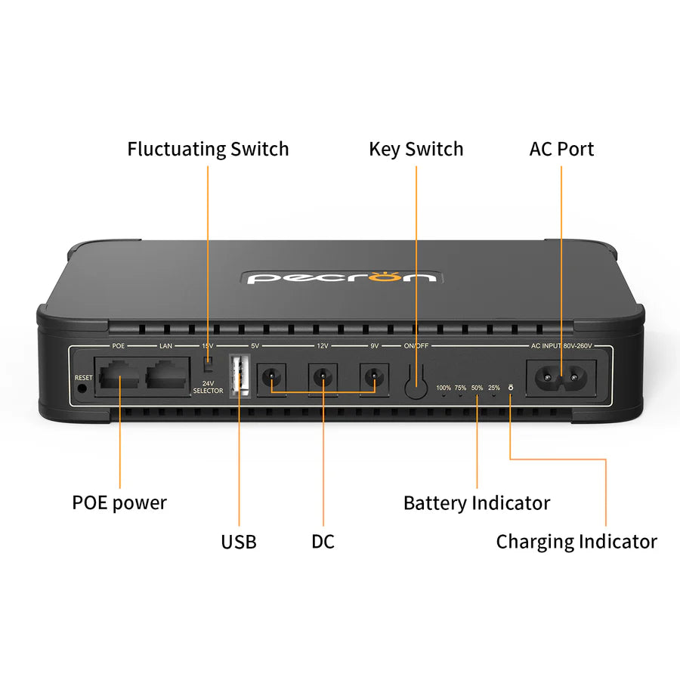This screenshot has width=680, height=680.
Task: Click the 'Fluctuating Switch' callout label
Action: click(x=208, y=149)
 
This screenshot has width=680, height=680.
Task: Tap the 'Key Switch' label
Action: click(x=416, y=149)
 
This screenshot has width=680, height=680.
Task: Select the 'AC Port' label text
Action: click(x=561, y=149)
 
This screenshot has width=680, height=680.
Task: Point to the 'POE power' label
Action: click(x=119, y=502)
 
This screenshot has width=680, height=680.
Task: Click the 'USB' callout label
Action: click(x=239, y=542)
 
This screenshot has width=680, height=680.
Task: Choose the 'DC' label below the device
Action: click(x=323, y=542)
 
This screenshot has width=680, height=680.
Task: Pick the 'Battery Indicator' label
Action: click(x=477, y=502)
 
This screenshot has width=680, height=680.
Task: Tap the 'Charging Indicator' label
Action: click(x=576, y=542)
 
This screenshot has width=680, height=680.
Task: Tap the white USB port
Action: click(x=240, y=375)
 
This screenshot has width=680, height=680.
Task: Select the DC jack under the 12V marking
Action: click(x=323, y=376)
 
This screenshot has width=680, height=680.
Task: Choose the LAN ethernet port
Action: click(x=166, y=374)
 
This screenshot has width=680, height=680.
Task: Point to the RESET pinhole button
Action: click(x=82, y=388)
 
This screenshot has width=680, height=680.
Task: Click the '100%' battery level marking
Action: click(x=444, y=388)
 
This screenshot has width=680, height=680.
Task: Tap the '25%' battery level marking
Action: click(x=493, y=388)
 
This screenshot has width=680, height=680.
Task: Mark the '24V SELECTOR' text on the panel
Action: click(x=208, y=387)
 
